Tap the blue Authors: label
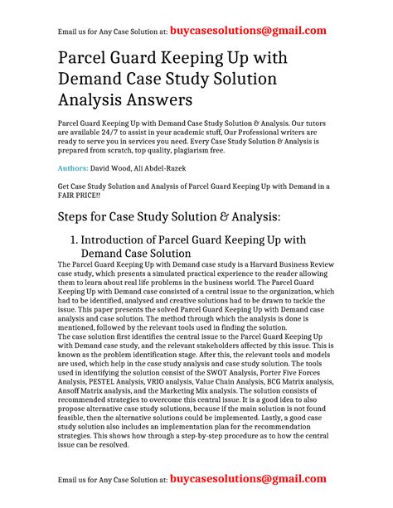[76, 168]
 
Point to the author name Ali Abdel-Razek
[187, 168]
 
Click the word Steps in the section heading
[79, 217]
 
